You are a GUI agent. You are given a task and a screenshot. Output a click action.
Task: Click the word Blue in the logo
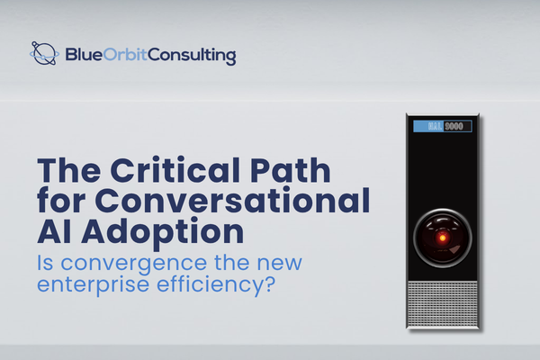click(x=82, y=56)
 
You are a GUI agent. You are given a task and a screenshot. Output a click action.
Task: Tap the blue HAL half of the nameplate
click(x=428, y=126)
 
